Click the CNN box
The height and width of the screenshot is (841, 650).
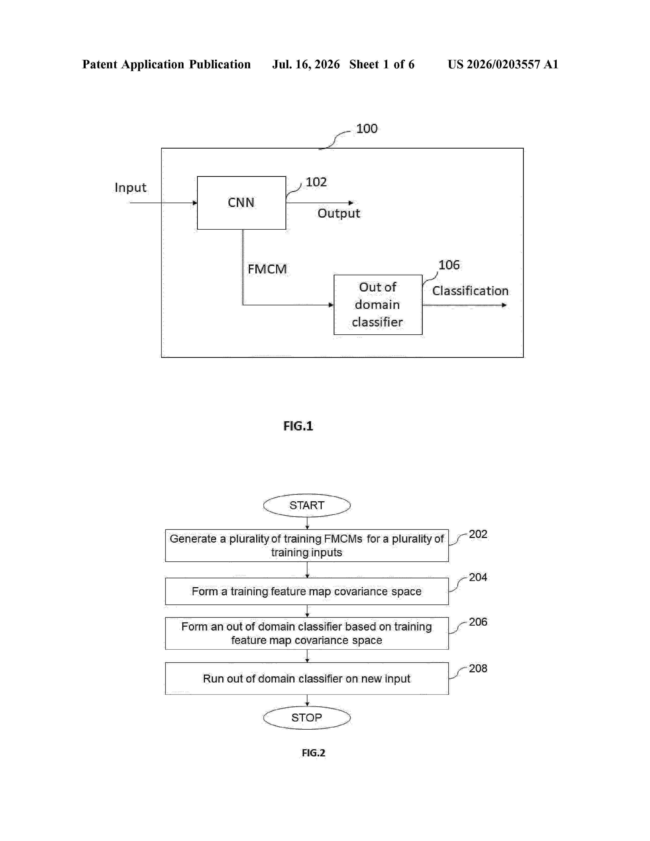(241, 203)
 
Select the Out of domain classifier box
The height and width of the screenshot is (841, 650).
(378, 305)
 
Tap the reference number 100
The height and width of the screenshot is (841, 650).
(367, 129)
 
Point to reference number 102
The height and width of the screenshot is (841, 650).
(316, 182)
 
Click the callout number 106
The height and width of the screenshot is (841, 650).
(449, 265)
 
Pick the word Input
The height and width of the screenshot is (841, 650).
(131, 188)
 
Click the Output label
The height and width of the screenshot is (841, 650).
(339, 213)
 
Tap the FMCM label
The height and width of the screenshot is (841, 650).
(267, 269)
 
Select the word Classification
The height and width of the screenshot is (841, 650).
(470, 291)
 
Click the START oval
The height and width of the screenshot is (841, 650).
(307, 505)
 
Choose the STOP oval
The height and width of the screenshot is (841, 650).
(307, 718)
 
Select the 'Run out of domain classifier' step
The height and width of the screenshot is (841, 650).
(307, 678)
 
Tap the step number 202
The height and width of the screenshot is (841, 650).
(478, 534)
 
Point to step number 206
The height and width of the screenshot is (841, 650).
(478, 622)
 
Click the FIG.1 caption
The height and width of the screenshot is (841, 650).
(298, 426)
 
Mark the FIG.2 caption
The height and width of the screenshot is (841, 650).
(314, 753)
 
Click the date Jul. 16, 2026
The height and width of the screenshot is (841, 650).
(306, 64)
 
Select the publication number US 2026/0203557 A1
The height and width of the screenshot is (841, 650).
(503, 64)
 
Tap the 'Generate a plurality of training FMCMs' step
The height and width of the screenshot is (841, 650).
(307, 546)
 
